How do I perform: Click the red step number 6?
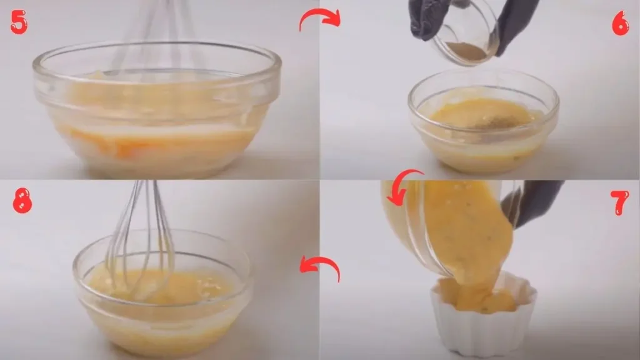pos(620,23)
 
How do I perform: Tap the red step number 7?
pos(621,204)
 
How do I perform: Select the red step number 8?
pos(22,201)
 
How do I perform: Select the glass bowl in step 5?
pos(156,119)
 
